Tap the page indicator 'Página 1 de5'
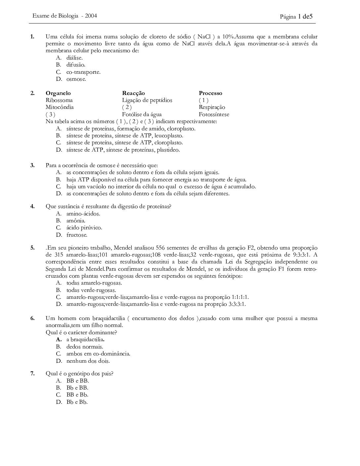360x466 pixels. [x=296, y=16]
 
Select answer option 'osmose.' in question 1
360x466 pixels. [x=76, y=79]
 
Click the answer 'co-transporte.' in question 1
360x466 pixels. [x=83, y=72]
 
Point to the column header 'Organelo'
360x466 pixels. [x=58, y=93]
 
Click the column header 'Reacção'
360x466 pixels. [x=133, y=93]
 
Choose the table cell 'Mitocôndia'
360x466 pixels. [x=60, y=107]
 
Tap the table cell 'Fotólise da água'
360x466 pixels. [x=142, y=115]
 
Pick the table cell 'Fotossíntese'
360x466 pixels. [x=214, y=115]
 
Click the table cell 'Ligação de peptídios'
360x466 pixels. [x=147, y=100]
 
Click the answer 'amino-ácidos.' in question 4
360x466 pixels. [x=83, y=214]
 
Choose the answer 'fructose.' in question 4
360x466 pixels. [x=77, y=235]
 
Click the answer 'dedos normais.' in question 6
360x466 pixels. [x=85, y=347]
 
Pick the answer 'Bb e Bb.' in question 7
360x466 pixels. [x=77, y=402]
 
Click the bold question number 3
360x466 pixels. [x=32, y=165]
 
